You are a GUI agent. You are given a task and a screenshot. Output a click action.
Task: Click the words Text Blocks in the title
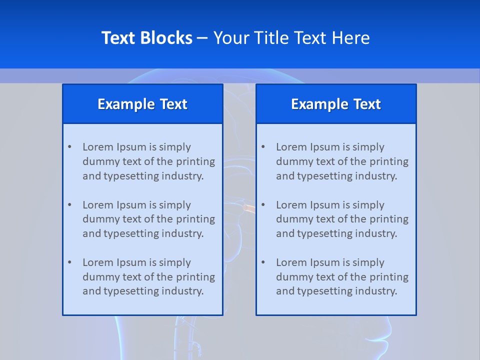pyautogui.click(x=146, y=38)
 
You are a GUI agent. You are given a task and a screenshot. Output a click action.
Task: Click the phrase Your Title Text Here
pyautogui.click(x=291, y=38)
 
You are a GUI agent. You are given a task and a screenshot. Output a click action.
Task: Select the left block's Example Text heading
pyautogui.click(x=142, y=104)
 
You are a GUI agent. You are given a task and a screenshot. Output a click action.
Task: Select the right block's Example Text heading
pyautogui.click(x=336, y=104)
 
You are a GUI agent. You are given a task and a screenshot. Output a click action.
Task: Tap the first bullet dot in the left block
pyautogui.click(x=69, y=147)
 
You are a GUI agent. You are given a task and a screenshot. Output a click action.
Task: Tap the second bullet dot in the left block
pyautogui.click(x=69, y=205)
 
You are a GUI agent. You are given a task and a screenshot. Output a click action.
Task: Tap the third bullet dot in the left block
pyautogui.click(x=69, y=262)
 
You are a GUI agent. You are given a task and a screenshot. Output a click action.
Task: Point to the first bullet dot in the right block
pyautogui.click(x=263, y=147)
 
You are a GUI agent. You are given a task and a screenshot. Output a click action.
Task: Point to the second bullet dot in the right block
pyautogui.click(x=263, y=205)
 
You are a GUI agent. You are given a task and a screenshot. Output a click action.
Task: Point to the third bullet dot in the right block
pyautogui.click(x=263, y=262)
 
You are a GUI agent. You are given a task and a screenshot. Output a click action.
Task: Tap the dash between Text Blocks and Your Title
pyautogui.click(x=202, y=38)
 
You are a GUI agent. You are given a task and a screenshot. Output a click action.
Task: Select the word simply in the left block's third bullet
pyautogui.click(x=175, y=262)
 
